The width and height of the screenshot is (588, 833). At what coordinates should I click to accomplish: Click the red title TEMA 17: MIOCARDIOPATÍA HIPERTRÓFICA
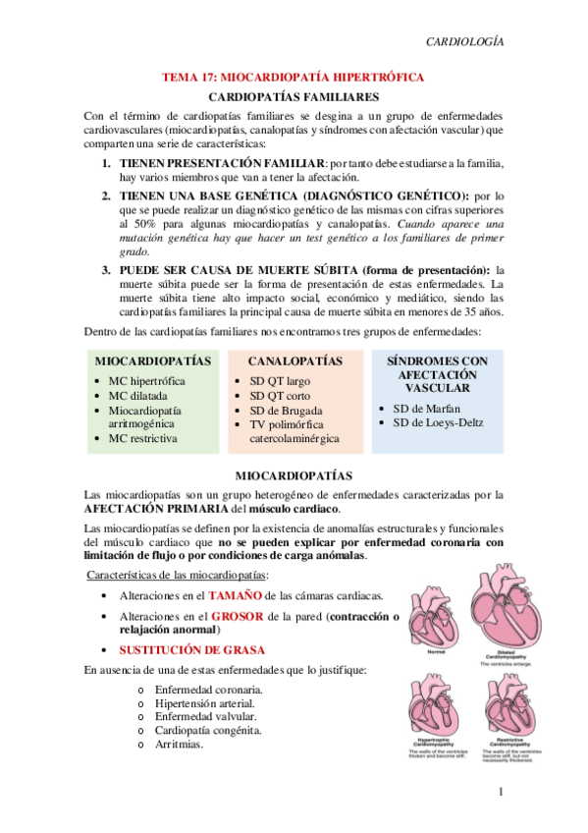coord(294,77)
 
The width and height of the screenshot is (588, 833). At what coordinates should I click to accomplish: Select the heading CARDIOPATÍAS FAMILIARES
coord(294,97)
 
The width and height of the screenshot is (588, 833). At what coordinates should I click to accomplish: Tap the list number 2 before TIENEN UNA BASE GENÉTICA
coord(107,195)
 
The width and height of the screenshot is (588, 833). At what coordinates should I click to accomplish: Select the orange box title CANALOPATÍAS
coord(294,361)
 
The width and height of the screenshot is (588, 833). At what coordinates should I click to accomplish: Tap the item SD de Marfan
coord(427,408)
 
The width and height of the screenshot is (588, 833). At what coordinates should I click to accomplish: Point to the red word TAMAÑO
coord(234,595)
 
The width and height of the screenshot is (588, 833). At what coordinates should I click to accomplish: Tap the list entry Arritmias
coord(179,745)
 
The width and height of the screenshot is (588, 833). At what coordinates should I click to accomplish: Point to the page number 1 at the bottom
coord(501,792)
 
